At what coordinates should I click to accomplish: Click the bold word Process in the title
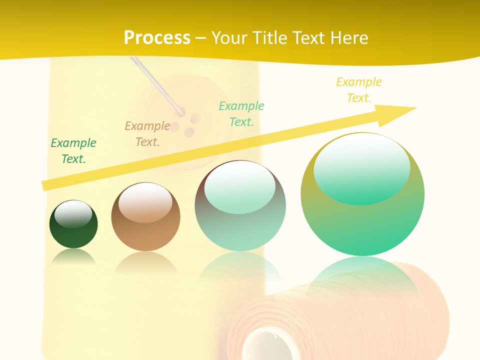[x=157, y=37]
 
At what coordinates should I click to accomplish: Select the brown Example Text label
[x=147, y=134]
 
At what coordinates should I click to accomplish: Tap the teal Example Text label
[x=241, y=114]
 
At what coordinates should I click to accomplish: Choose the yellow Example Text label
[x=359, y=90]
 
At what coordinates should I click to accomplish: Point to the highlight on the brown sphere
[x=145, y=202]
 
